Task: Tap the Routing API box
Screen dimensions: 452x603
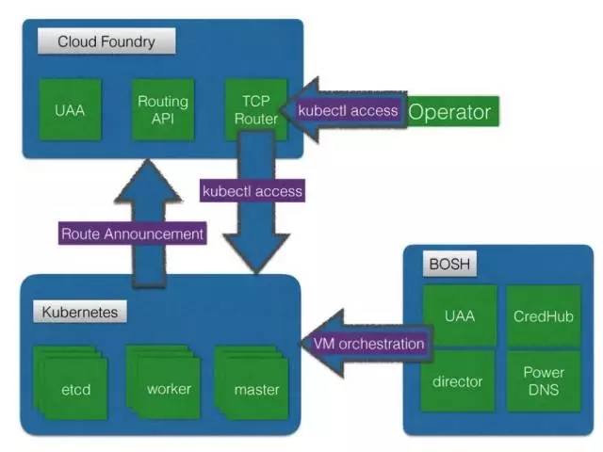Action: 162,110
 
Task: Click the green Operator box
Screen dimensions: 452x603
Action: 449,112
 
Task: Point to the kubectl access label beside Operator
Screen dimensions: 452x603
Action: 348,111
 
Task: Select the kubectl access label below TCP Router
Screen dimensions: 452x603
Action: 253,191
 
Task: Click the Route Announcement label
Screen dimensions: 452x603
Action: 132,234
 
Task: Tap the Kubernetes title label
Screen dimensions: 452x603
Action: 85,310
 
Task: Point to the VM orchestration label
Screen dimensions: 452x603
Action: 367,344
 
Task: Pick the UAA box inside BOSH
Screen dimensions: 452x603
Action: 459,315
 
